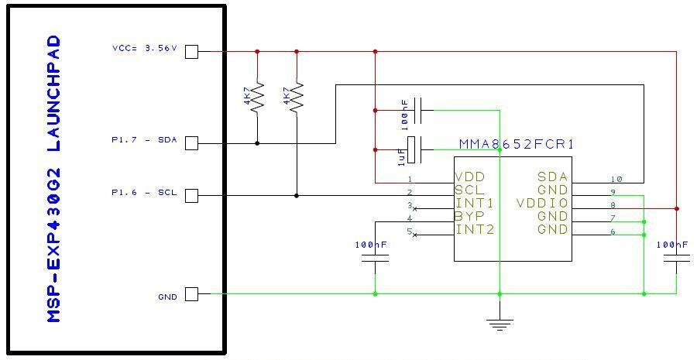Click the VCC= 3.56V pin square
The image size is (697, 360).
tap(191, 52)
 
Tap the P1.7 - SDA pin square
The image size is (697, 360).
tap(191, 143)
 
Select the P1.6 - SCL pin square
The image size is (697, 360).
tap(191, 196)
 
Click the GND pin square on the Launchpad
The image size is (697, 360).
tap(191, 294)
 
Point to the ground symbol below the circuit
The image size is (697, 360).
tap(500, 325)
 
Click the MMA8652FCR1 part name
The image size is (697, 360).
tap(517, 145)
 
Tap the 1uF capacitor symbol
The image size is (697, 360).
tap(415, 149)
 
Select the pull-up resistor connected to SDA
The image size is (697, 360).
tap(257, 97)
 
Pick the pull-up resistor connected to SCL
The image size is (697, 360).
tap(297, 97)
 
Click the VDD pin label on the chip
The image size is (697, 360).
tap(470, 177)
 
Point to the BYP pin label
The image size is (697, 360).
tap(469, 217)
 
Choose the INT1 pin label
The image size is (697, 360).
tap(475, 204)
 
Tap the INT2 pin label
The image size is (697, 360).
tap(475, 230)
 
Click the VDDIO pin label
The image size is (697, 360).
tap(542, 203)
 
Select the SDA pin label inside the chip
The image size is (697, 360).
tap(552, 177)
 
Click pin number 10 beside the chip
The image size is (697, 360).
tap(616, 179)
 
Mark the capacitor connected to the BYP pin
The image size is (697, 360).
tap(375, 259)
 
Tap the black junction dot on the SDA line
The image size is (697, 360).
tap(257, 143)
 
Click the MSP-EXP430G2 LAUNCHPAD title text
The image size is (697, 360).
tap(53, 179)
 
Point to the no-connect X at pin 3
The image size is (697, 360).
tap(415, 208)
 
